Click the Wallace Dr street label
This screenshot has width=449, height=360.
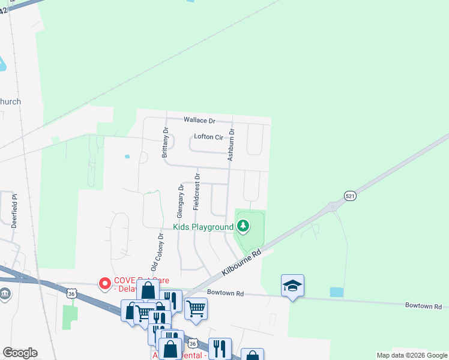point(199,121)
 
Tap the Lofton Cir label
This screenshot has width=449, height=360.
point(208,137)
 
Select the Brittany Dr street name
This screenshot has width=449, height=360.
point(165,142)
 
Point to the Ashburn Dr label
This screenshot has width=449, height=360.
point(231,144)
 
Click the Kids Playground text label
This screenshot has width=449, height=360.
point(203,227)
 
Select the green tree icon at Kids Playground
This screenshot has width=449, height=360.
point(243,226)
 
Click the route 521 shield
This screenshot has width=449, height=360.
point(351,196)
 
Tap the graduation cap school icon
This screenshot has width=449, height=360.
point(292,286)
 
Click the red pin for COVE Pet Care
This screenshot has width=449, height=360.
point(104,282)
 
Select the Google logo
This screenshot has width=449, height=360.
point(20,353)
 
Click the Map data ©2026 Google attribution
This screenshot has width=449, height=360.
point(412,355)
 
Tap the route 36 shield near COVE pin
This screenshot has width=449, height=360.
point(72,293)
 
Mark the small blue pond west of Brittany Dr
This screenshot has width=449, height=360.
point(127,157)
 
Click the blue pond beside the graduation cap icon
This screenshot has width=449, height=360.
point(336,292)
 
